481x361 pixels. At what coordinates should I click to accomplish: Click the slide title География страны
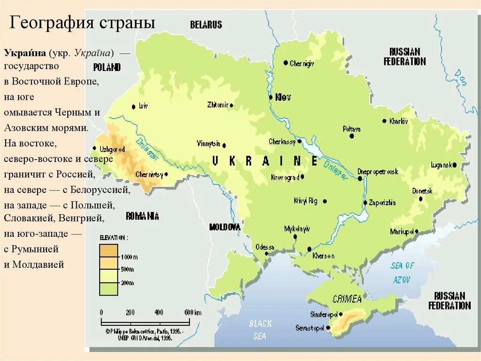[83, 23]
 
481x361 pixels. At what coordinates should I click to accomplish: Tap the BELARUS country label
[206, 25]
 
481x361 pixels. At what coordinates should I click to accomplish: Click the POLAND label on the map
[107, 67]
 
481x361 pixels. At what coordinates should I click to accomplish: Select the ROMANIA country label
[142, 217]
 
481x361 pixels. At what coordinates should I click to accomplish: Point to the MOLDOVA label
[225, 227]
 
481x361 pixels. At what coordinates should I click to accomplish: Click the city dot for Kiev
[271, 97]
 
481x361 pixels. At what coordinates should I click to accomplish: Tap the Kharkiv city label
[399, 121]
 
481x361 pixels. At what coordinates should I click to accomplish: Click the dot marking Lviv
[134, 106]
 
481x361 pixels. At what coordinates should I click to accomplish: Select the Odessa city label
[264, 247]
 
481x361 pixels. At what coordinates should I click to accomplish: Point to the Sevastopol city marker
[328, 328]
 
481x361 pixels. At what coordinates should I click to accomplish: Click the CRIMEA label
[347, 299]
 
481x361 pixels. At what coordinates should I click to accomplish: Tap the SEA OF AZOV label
[402, 273]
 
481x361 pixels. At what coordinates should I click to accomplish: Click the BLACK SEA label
[260, 329]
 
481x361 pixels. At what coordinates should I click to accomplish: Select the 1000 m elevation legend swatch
[109, 251]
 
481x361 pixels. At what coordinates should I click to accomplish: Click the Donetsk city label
[422, 191]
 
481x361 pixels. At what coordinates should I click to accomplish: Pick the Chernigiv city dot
[286, 63]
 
